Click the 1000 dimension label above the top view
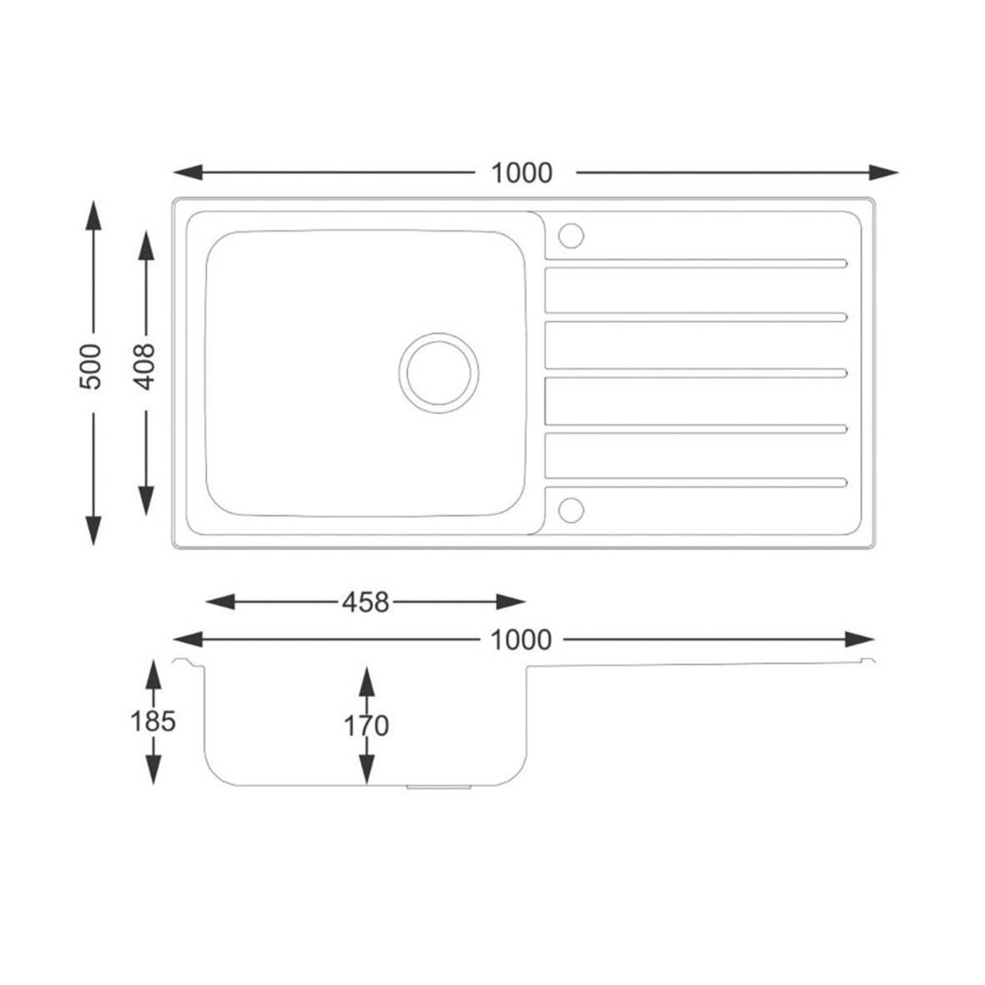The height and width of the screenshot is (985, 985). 521,173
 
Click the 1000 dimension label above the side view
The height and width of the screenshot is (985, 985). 521,640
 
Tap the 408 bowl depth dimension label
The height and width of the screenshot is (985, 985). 145,367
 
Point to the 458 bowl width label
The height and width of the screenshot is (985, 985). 365,602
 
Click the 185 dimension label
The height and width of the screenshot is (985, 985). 153,722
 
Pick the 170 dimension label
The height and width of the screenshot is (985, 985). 366,726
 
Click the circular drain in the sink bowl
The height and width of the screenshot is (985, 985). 438,373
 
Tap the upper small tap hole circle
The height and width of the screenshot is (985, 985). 571,236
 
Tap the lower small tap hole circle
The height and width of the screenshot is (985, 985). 571,510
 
